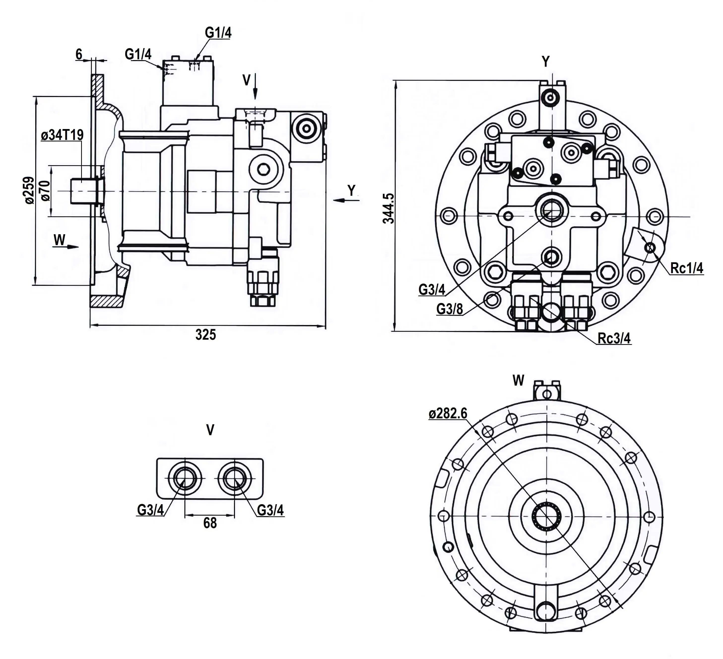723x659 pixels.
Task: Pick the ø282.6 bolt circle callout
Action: (x=448, y=413)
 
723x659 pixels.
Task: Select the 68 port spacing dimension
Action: (x=210, y=523)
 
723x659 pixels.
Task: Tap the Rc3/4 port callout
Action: (x=614, y=338)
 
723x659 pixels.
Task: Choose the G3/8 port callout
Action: (x=450, y=309)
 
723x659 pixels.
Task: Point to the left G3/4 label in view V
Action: (x=150, y=510)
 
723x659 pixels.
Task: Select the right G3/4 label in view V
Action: (x=270, y=510)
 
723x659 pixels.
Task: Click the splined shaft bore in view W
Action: (x=547, y=517)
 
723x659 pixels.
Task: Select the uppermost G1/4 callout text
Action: (x=218, y=33)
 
